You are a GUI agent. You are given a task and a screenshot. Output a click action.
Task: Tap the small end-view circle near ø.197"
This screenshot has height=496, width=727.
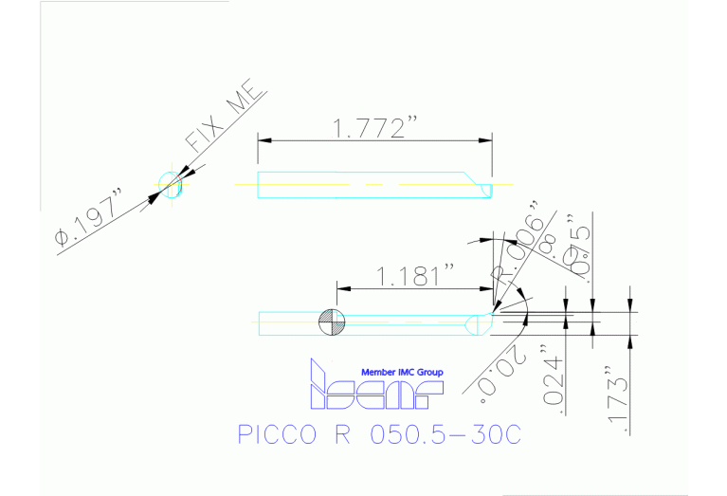(171, 184)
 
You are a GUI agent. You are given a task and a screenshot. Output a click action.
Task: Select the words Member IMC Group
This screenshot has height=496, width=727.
(402, 372)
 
